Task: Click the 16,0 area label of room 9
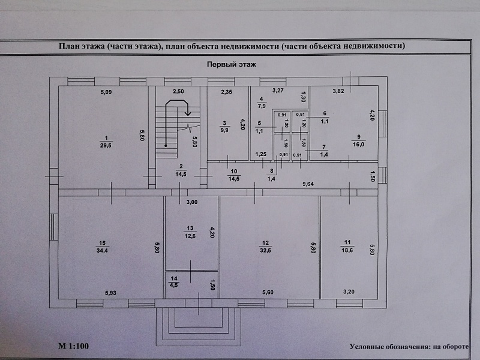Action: [x=359, y=144]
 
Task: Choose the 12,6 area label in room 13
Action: [x=191, y=235]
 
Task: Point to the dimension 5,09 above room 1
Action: [x=106, y=92]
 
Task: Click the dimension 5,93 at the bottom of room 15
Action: [x=111, y=293]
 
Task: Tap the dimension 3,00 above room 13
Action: [x=191, y=202]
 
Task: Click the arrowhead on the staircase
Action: [x=188, y=112]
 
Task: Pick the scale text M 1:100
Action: [x=73, y=346]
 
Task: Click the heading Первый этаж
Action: [x=231, y=64]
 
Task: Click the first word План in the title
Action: [x=68, y=46]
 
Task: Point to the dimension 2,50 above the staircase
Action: [x=178, y=92]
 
